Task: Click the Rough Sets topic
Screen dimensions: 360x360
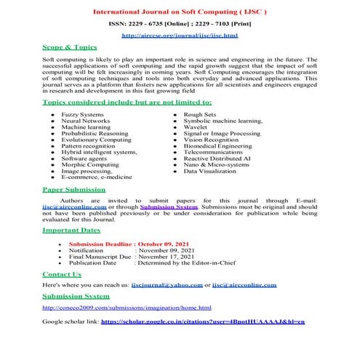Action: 199,114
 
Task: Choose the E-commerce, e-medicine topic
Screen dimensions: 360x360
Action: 97,177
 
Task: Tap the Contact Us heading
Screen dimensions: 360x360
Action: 62,274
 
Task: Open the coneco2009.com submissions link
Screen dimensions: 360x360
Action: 127,308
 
